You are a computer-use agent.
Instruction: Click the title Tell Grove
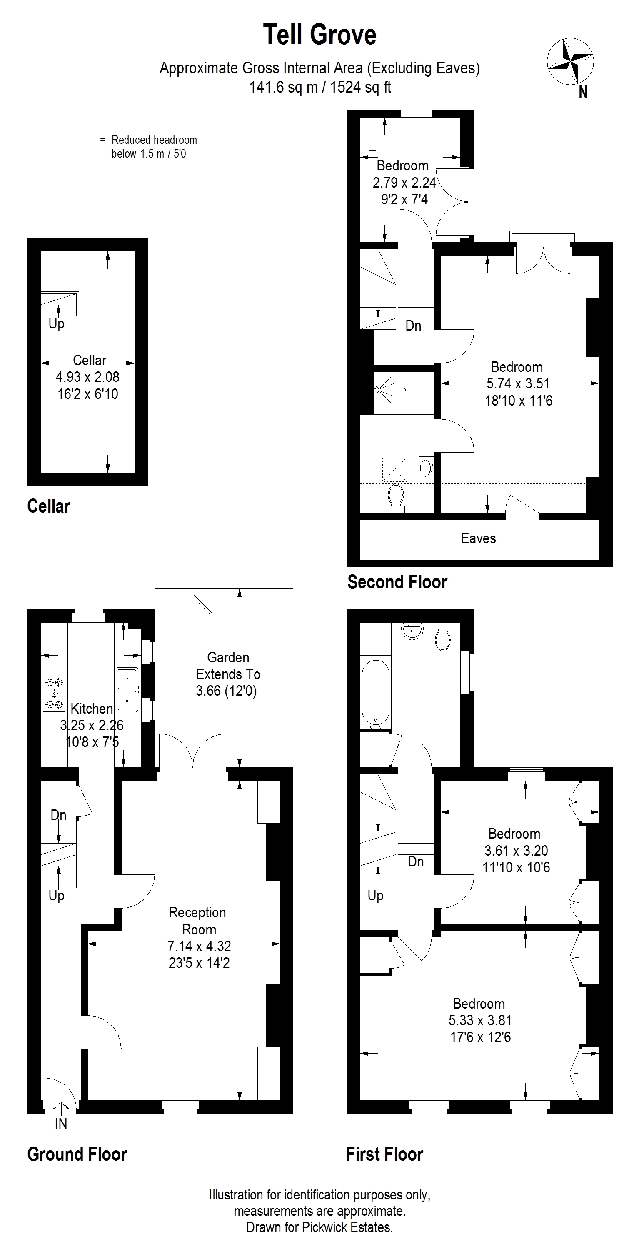coord(320,35)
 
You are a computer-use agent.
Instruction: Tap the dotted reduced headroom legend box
coord(78,147)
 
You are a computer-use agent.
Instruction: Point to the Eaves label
coord(478,538)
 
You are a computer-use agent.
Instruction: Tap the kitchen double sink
coord(127,689)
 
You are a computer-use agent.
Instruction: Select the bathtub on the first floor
coord(375,693)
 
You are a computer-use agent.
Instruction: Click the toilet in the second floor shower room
coord(396,498)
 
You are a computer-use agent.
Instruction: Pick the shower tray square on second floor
coord(395,468)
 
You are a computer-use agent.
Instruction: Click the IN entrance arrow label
coord(61,1124)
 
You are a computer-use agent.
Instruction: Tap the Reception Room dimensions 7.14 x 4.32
coord(199,946)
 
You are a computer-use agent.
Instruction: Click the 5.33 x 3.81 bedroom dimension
coord(480,1020)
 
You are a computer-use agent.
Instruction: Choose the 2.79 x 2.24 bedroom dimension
coord(404,182)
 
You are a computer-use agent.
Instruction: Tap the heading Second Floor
coord(397,582)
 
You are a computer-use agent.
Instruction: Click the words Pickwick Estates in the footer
coord(347,1227)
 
